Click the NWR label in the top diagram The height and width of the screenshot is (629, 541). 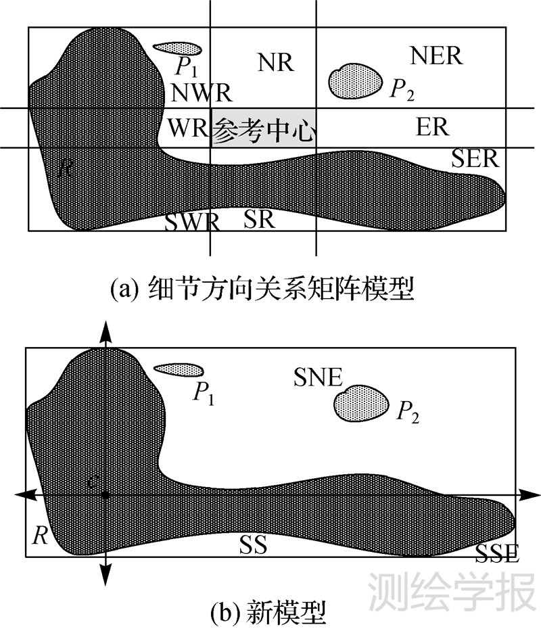tap(202, 92)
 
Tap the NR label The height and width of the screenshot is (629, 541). tap(275, 62)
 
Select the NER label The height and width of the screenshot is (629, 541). tap(436, 56)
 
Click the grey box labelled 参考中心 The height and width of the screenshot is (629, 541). tap(264, 128)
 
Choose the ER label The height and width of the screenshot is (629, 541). tap(433, 127)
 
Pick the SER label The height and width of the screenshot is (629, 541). tap(475, 159)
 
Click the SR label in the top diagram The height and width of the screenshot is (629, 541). tap(260, 218)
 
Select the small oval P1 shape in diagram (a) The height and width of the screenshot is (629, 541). tap(177, 48)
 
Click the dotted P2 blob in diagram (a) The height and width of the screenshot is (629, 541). tap(354, 80)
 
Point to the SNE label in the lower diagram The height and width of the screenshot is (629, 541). tap(319, 377)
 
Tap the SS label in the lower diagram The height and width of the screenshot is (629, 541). tap(253, 544)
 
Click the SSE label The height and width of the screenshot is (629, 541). tap(497, 554)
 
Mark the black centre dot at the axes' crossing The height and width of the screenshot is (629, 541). tap(105, 496)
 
